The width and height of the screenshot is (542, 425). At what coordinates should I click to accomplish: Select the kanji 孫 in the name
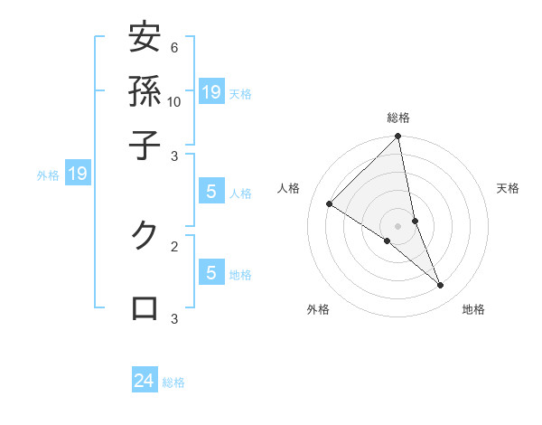point(144,91)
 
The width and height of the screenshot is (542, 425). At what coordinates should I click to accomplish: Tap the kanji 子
point(144,145)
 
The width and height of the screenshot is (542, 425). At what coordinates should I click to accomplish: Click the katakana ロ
point(144,307)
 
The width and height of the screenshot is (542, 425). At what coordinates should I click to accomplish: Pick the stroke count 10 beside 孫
point(174,101)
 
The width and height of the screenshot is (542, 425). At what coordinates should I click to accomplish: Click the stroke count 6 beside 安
point(174,47)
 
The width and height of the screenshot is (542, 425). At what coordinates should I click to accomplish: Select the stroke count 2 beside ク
point(174,245)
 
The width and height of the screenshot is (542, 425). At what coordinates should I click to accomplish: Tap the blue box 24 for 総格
point(145,381)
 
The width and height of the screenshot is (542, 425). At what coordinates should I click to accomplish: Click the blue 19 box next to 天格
point(211,91)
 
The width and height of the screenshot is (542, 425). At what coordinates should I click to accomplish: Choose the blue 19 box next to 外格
point(78,174)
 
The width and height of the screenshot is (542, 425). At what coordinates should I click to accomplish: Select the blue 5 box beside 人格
point(211,192)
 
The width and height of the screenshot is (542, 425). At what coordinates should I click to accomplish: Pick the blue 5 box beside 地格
point(211,273)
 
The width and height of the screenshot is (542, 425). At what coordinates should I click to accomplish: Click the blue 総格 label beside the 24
point(173,382)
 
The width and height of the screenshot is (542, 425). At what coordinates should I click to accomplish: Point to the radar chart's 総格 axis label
point(398,118)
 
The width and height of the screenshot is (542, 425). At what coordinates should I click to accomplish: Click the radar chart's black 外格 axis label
point(318,309)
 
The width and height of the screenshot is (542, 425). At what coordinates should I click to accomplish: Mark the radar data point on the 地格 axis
point(441,286)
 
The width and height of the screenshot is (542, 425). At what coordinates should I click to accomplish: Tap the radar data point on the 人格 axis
point(329,203)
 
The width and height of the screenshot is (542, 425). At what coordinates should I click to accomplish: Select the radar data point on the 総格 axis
point(398,137)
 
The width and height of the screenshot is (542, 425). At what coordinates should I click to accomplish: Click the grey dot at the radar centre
point(398,225)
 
